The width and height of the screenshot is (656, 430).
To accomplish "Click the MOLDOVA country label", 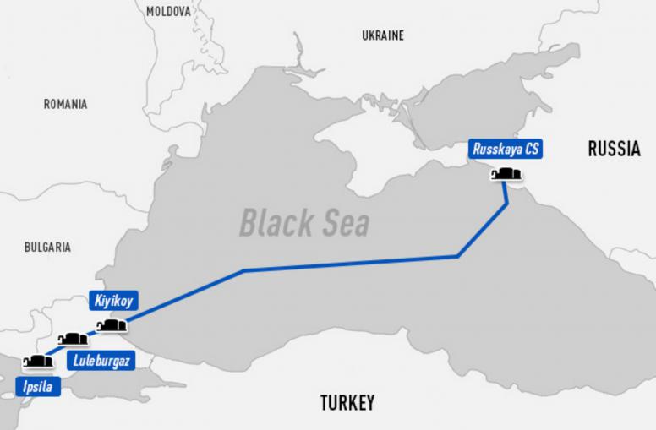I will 169,11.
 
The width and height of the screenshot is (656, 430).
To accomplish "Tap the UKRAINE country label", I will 382,35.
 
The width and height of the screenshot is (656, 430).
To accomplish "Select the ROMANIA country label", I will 65,104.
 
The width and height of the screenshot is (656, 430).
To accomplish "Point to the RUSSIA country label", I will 614,150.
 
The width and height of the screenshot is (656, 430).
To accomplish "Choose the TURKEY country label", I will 347,402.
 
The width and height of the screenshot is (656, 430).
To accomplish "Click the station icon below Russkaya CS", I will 506,175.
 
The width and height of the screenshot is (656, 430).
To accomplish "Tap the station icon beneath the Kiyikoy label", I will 112,325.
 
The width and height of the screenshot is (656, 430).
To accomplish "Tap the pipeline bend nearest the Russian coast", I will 507,204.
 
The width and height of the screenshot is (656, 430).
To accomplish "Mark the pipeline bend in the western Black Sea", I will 243,270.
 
